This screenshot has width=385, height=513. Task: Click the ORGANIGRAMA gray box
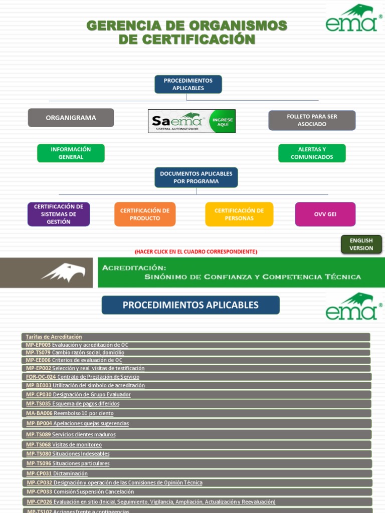pyautogui.click(x=71, y=118)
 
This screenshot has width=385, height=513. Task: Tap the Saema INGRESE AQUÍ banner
pyautogui.click(x=191, y=121)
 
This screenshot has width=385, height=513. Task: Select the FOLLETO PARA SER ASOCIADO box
pyautogui.click(x=312, y=120)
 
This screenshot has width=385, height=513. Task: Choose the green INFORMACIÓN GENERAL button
pyautogui.click(x=71, y=153)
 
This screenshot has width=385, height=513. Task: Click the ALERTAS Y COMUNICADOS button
pyautogui.click(x=312, y=153)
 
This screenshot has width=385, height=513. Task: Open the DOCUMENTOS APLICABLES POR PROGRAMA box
pyautogui.click(x=196, y=177)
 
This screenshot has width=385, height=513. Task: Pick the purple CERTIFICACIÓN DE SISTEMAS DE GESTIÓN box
pyautogui.click(x=59, y=214)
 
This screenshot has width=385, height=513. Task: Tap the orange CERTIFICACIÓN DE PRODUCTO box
pyautogui.click(x=145, y=214)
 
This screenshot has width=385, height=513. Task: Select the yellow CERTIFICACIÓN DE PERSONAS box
pyautogui.click(x=239, y=214)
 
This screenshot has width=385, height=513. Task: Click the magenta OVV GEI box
pyautogui.click(x=325, y=214)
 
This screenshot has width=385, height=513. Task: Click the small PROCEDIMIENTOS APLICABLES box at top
pyautogui.click(x=188, y=84)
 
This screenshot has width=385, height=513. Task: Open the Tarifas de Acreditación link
pyautogui.click(x=54, y=337)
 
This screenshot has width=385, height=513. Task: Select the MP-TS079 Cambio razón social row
pyautogui.click(x=75, y=353)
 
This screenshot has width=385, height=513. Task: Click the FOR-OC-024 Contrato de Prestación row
pyautogui.click(x=83, y=377)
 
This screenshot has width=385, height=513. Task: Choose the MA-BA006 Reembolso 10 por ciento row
pyautogui.click(x=70, y=413)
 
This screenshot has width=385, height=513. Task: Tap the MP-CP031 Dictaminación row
pyautogui.click(x=57, y=473)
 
